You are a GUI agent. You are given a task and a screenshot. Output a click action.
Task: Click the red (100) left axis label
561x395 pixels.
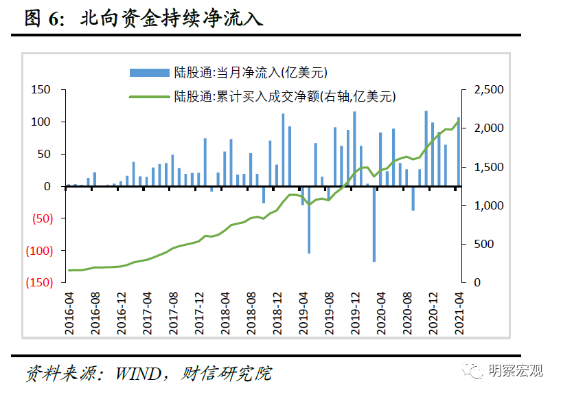pyautogui.click(x=38, y=251)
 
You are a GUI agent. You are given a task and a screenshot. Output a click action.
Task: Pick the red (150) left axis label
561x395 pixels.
pyautogui.click(x=38, y=283)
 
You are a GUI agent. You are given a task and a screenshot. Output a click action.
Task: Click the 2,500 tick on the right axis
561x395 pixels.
pyautogui.click(x=489, y=90)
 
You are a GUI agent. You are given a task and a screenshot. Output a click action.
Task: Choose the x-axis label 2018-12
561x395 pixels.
pyautogui.click(x=277, y=313)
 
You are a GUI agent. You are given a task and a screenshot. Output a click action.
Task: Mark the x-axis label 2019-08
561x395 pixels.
pyautogui.click(x=329, y=313)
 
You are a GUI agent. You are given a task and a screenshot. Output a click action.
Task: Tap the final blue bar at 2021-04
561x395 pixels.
pyautogui.click(x=459, y=152)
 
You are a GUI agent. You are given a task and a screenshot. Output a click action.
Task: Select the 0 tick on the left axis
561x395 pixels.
pyautogui.click(x=47, y=187)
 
